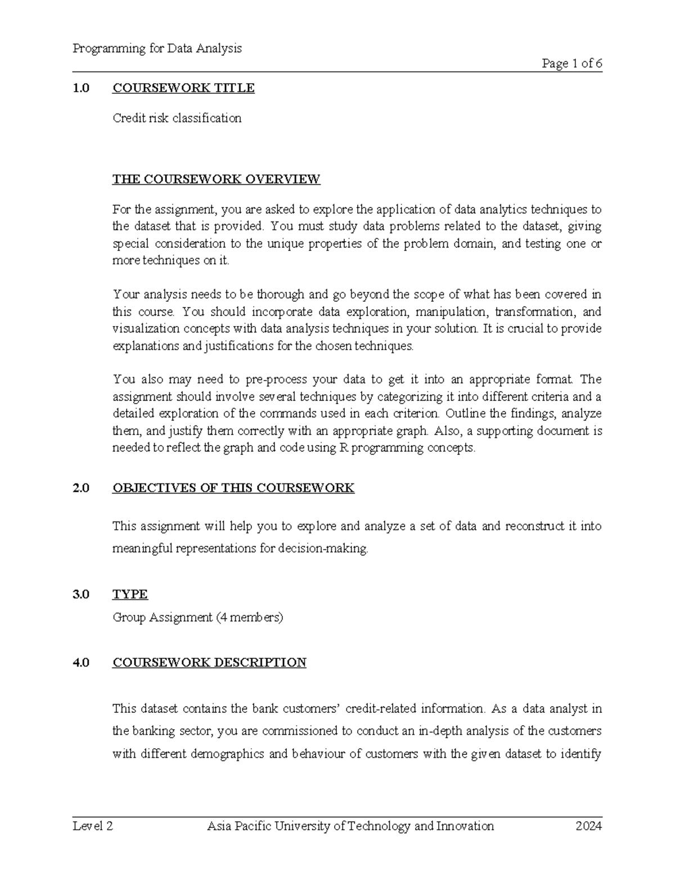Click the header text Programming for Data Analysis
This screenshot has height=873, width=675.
(x=157, y=48)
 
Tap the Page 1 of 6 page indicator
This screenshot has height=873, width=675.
(x=571, y=64)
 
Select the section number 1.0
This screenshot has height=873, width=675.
(x=81, y=88)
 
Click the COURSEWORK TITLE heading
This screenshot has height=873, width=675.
(x=183, y=88)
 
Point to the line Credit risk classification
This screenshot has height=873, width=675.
(x=177, y=118)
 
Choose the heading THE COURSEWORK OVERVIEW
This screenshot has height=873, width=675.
(x=216, y=179)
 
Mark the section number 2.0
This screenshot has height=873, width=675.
(x=81, y=488)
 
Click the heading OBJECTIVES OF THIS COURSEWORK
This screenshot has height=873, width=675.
(x=233, y=488)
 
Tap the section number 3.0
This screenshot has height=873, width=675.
(x=81, y=595)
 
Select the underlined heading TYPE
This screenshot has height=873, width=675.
(x=130, y=595)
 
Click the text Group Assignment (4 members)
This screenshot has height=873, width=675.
(x=198, y=617)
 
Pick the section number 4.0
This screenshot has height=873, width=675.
(x=81, y=663)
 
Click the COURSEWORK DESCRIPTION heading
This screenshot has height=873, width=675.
(x=209, y=663)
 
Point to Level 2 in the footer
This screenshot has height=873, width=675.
(x=93, y=826)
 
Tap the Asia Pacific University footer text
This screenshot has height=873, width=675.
(x=350, y=826)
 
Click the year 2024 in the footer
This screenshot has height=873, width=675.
(x=588, y=826)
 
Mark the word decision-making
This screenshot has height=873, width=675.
(x=323, y=549)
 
